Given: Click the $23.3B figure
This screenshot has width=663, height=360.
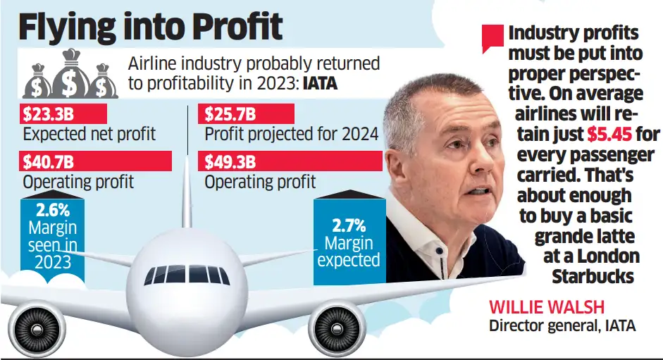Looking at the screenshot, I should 44,113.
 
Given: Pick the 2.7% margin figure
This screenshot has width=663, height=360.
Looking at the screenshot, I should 348,226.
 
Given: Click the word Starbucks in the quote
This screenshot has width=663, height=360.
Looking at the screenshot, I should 593,276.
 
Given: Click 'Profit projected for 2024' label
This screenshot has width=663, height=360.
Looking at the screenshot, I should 291,133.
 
